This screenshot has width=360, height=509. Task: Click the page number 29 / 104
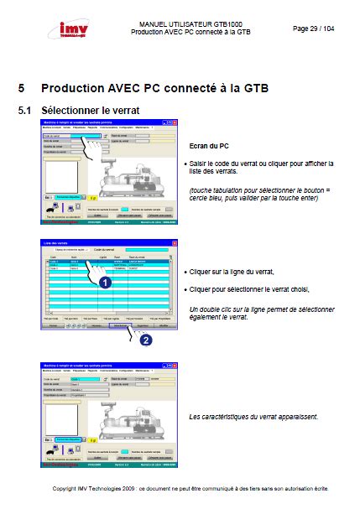point(312,28)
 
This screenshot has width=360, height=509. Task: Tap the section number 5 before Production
point(22,86)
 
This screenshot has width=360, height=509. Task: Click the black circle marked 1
point(106,283)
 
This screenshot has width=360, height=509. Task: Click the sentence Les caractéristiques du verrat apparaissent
point(253,417)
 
